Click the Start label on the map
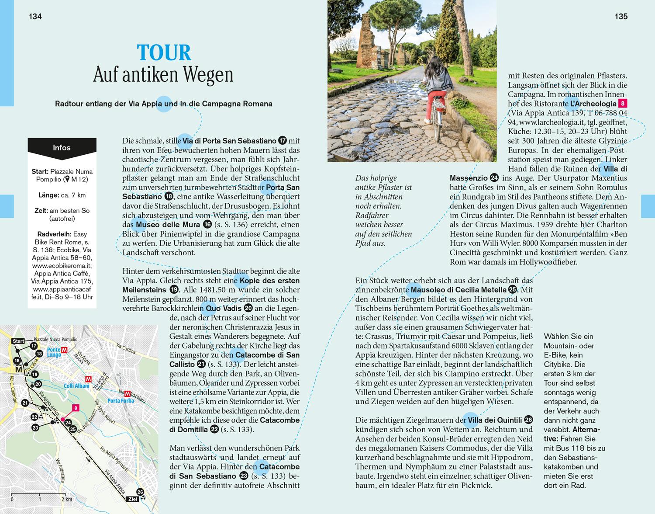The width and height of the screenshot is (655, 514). coord(18,341)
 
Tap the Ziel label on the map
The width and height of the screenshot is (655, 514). coord(132,499)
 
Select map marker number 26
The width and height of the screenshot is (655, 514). coord(140,492)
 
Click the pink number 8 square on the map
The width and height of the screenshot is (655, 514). coord(76,408)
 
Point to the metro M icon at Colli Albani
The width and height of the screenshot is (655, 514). coord(89,379)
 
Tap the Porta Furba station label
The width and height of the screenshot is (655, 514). coord(121,400)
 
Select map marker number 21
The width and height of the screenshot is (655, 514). coord(25,403)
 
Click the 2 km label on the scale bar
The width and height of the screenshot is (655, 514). coord(67,499)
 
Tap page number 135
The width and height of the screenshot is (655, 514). coord(621,17)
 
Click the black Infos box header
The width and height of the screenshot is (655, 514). coord(62,148)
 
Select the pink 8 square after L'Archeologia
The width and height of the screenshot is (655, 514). coord(623,104)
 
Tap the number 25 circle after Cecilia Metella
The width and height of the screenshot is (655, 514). coord(513,290)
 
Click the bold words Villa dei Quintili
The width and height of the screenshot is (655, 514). coord(495,420)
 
